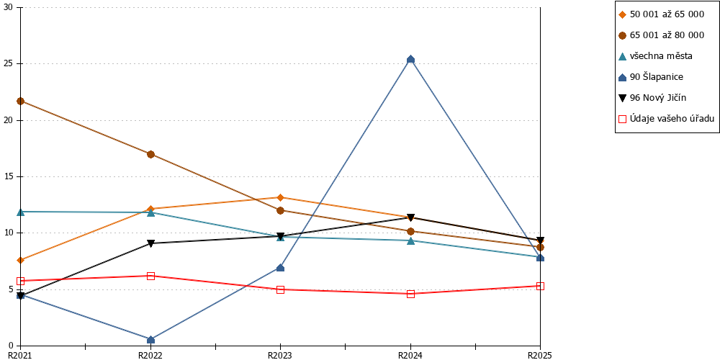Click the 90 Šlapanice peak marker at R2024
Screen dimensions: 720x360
[x=410, y=59]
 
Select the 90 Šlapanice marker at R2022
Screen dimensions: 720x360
[x=150, y=339]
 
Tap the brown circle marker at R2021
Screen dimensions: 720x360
[x=21, y=101]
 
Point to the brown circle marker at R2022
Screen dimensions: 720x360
[x=150, y=154]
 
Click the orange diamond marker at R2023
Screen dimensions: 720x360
[x=281, y=197]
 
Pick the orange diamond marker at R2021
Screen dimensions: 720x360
[x=21, y=261]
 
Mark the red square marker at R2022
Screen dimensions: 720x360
[x=150, y=276]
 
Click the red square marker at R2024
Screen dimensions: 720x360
[x=410, y=294]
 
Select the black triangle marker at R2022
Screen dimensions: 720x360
[x=150, y=243]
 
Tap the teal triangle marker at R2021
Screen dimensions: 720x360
[x=21, y=212]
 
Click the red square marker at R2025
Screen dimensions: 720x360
[x=541, y=286]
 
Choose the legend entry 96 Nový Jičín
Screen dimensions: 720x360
[x=652, y=97]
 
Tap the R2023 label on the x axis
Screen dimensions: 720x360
[x=281, y=355]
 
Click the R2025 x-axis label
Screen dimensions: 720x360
[x=539, y=355]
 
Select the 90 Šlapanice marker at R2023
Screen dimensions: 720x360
[x=281, y=267]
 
